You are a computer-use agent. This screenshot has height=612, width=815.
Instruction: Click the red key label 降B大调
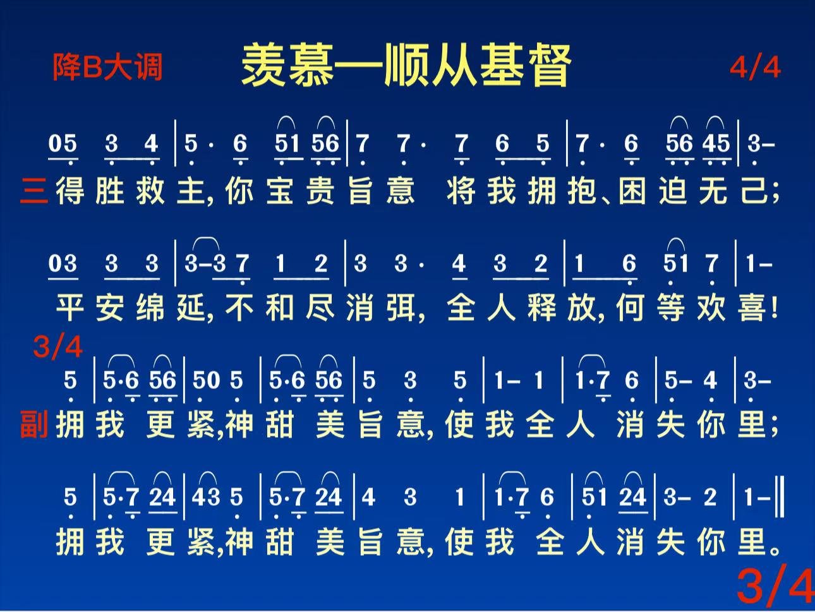click(x=107, y=67)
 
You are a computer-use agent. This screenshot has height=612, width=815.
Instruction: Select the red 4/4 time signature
click(x=755, y=68)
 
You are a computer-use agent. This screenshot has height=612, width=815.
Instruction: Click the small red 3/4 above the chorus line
click(x=57, y=347)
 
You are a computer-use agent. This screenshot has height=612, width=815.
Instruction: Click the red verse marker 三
click(x=33, y=191)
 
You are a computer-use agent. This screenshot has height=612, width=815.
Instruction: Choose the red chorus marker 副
click(x=33, y=424)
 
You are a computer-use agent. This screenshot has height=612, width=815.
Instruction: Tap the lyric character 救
click(x=150, y=191)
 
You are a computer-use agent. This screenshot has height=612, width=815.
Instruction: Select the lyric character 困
click(x=632, y=191)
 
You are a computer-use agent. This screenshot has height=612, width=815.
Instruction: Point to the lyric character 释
click(x=541, y=308)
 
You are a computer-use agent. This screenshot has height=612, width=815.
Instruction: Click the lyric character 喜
click(x=752, y=308)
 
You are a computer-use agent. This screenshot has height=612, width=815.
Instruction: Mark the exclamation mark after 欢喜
click(x=774, y=308)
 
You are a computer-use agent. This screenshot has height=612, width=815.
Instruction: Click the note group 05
click(x=63, y=143)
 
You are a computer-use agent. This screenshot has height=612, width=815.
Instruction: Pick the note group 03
click(x=63, y=263)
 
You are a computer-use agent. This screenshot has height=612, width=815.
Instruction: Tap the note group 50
click(x=207, y=380)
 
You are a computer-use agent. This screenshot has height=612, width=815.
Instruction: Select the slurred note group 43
click(x=207, y=497)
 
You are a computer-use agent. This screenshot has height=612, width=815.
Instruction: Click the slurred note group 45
click(x=716, y=143)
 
